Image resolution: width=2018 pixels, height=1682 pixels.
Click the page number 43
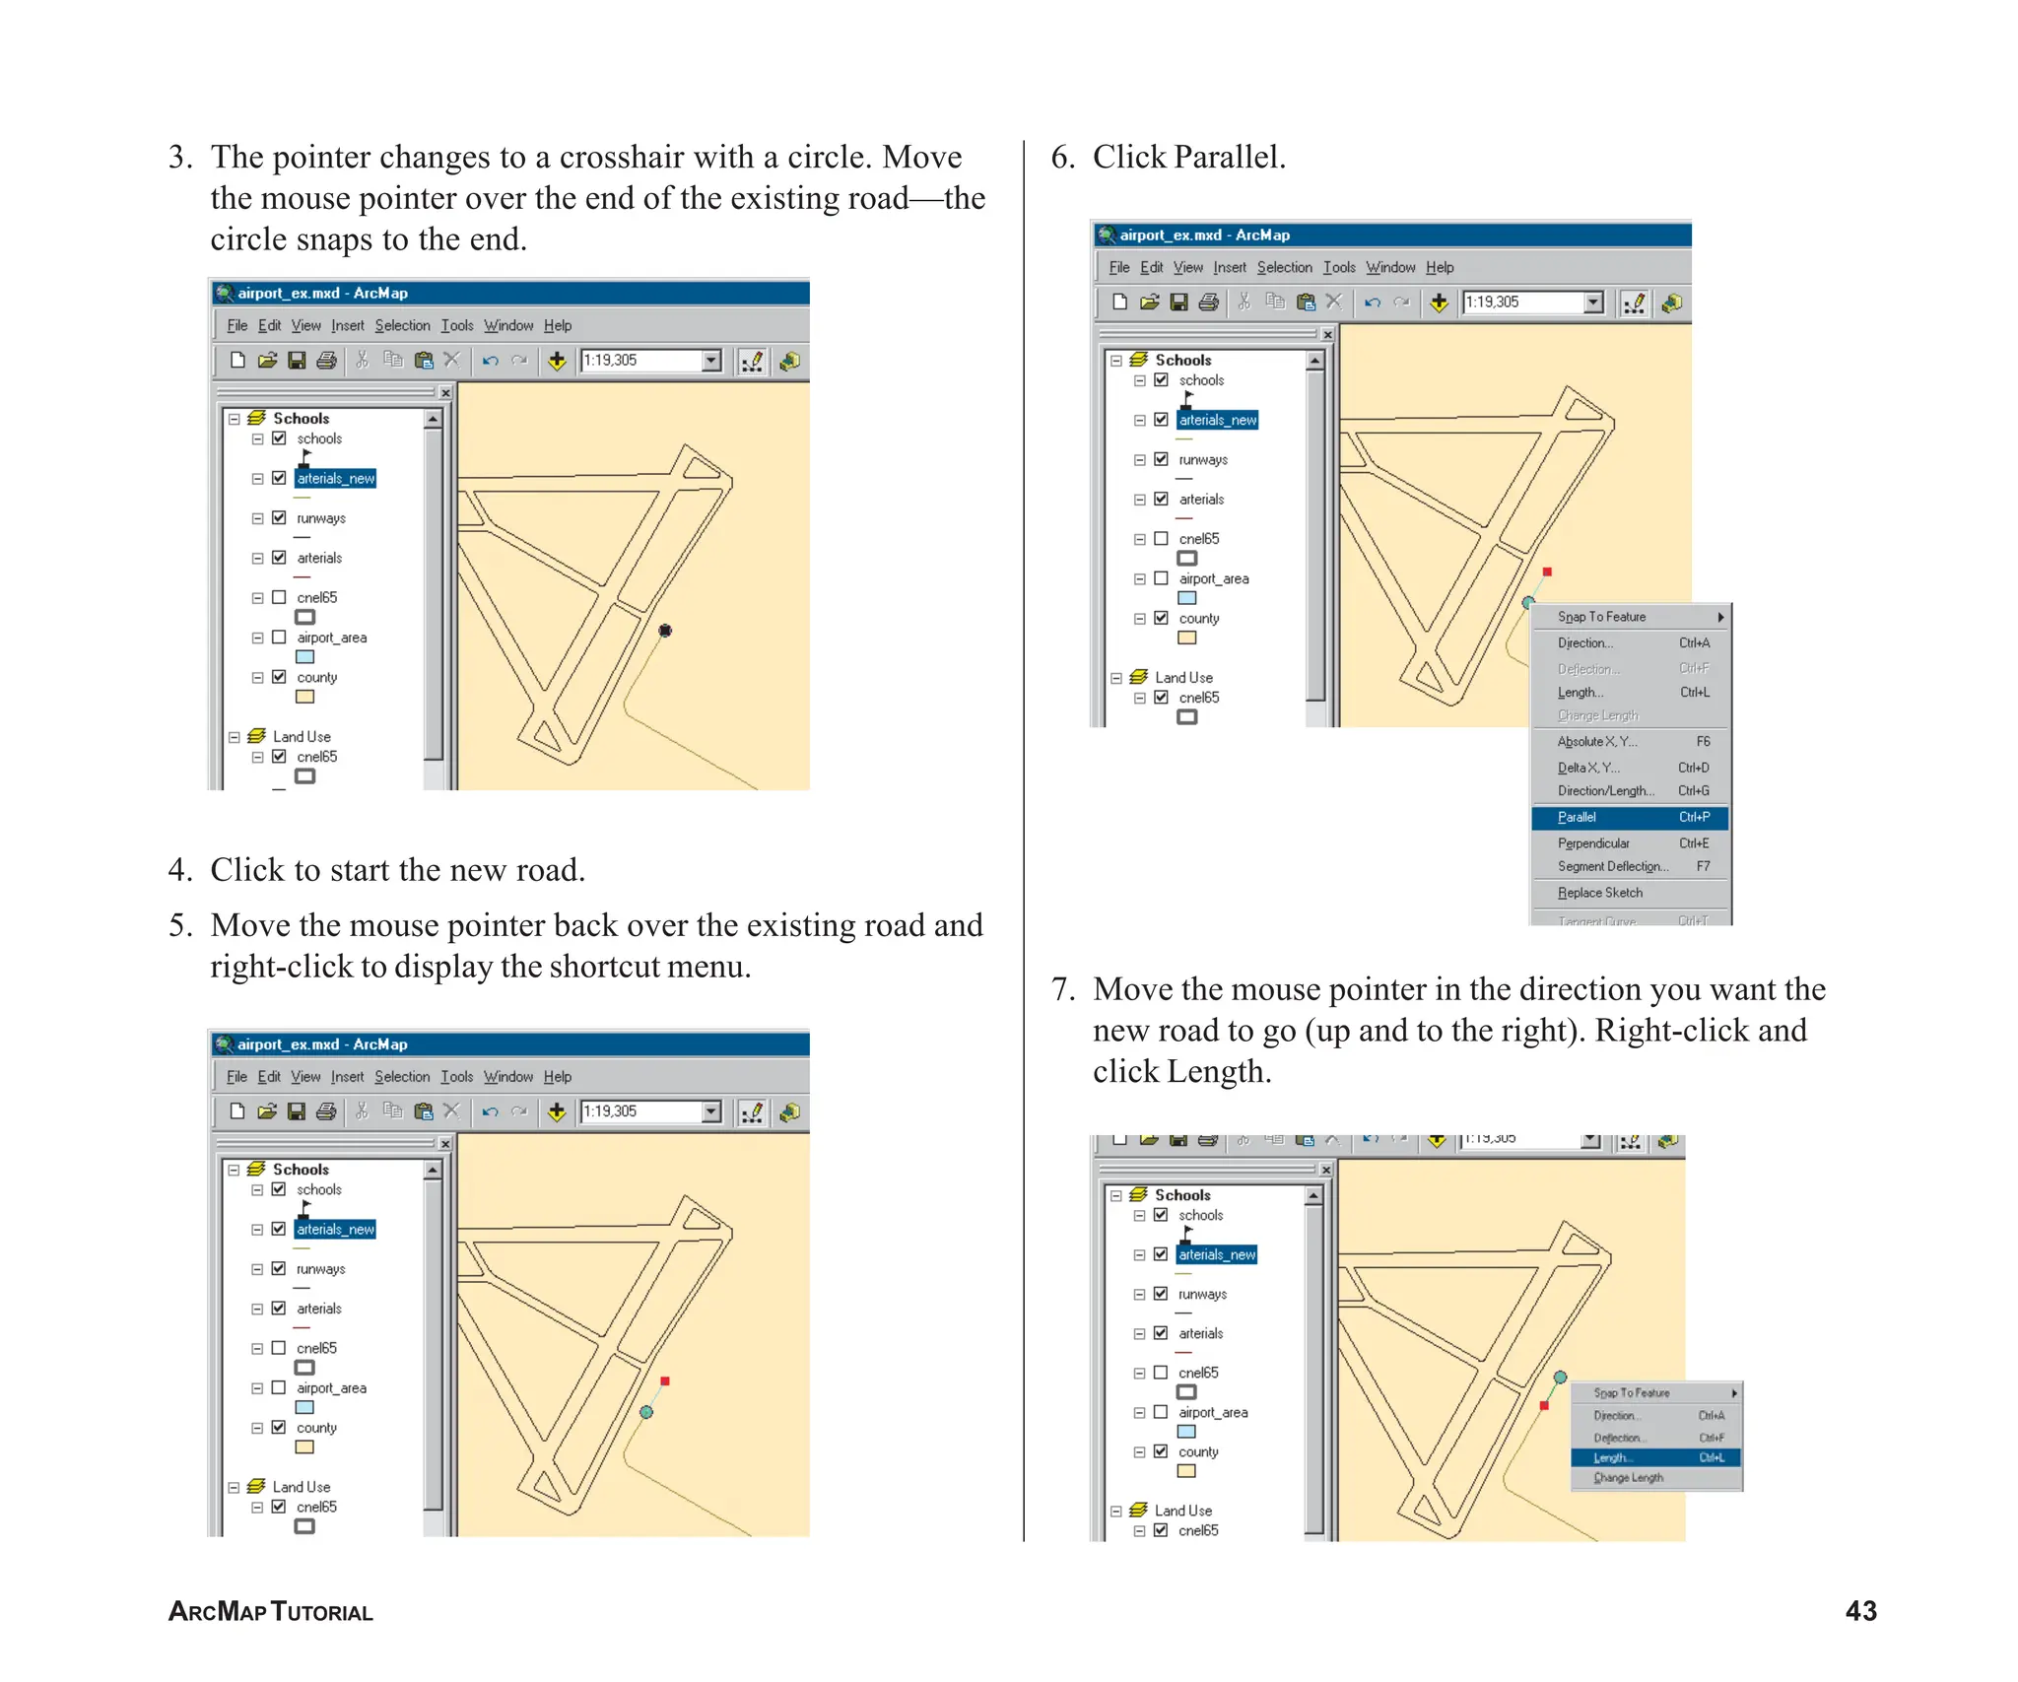tap(1860, 1611)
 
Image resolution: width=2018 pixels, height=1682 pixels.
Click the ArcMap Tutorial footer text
tap(271, 1612)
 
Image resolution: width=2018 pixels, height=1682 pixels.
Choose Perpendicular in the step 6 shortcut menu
tap(1593, 843)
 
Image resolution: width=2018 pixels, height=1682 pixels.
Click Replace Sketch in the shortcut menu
tap(1600, 893)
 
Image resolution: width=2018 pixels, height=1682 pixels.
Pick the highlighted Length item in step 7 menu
tap(1654, 1457)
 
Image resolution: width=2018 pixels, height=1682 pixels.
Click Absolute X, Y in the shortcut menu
tap(1596, 742)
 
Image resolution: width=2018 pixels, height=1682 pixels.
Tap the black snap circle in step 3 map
tap(665, 631)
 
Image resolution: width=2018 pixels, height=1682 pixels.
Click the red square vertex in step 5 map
tap(665, 1381)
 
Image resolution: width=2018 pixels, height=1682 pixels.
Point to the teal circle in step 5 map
tap(646, 1412)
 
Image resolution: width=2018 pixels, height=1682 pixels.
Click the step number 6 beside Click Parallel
tap(1062, 158)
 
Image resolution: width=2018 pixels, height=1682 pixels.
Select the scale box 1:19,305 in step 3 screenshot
tap(640, 361)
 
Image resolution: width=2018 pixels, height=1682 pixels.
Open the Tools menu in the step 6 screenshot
tap(1339, 267)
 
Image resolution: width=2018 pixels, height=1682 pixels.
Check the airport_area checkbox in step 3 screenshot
tap(279, 638)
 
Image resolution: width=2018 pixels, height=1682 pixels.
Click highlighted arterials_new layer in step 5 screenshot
tap(335, 1229)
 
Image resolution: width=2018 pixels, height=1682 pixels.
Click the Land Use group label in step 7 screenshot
tap(1182, 1511)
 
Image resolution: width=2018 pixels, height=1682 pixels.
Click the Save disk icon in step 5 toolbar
tap(296, 1111)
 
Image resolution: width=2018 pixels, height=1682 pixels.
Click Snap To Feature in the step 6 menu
tap(1601, 617)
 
